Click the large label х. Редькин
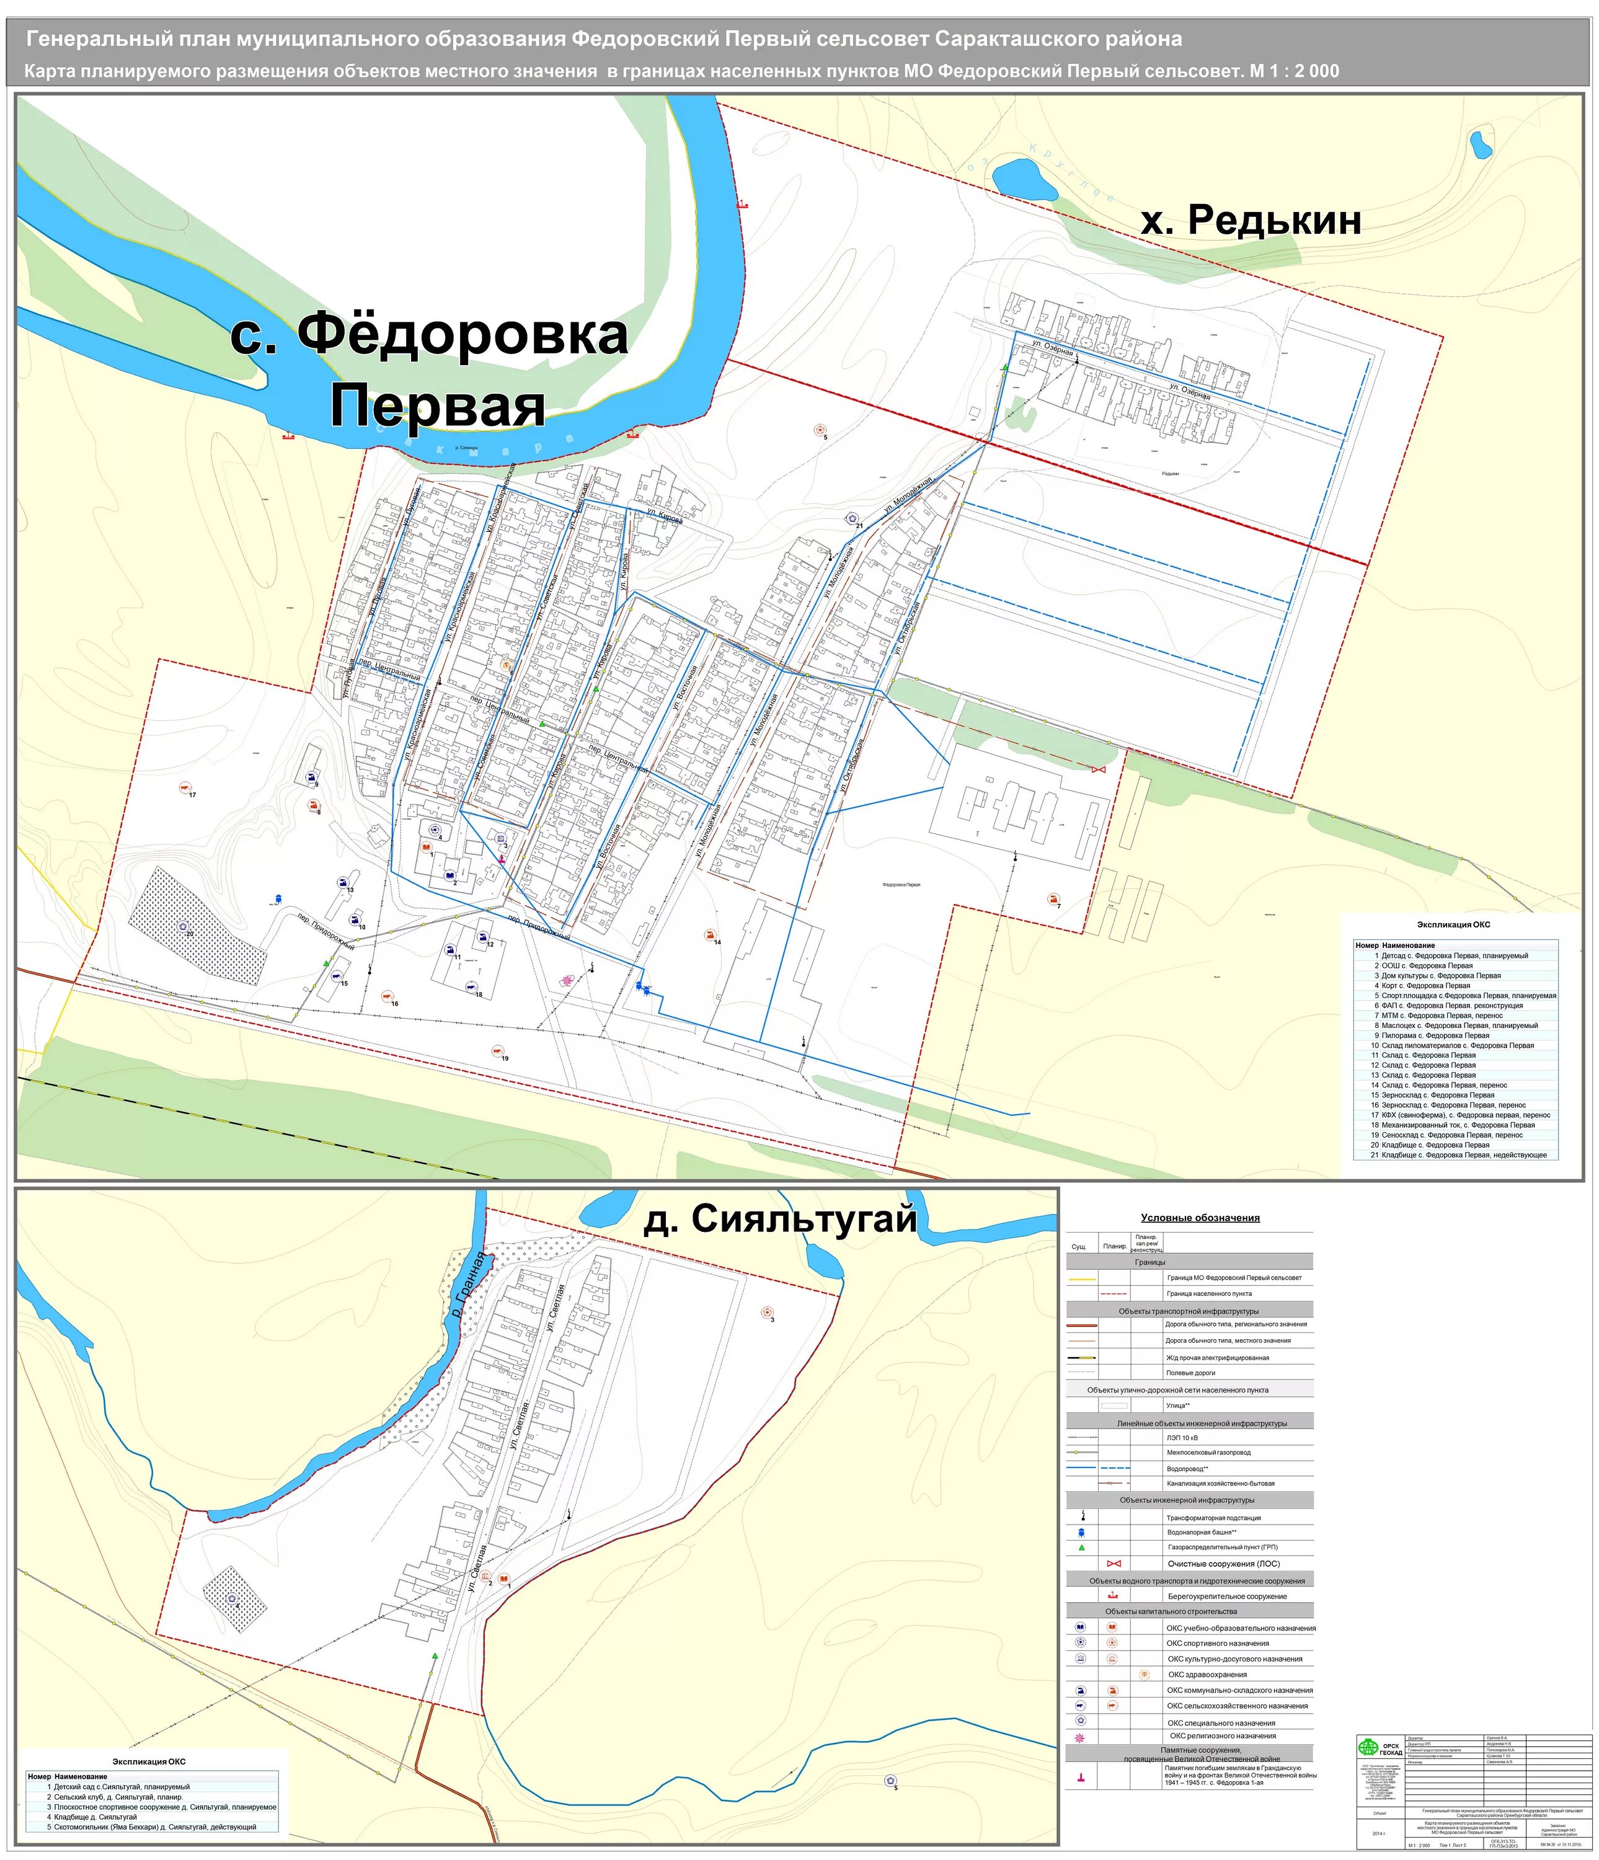point(1250,221)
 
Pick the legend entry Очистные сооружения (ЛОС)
point(1223,1564)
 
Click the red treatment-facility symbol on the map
point(1098,770)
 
